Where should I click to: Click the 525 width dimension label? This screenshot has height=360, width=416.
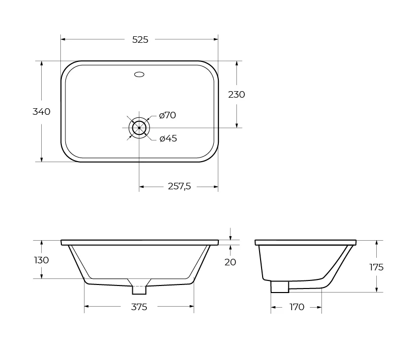click(140, 39)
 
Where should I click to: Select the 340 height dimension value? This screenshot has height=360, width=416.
click(41, 112)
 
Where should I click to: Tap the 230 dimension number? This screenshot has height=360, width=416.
click(236, 95)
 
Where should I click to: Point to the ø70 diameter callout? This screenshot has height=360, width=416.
click(168, 115)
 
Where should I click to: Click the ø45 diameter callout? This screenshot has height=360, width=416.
click(168, 138)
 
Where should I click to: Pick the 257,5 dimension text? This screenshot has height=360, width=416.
click(179, 187)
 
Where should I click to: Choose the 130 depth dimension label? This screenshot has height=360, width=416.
click(41, 260)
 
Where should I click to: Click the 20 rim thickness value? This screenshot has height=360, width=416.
click(230, 262)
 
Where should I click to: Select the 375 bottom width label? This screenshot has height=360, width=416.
click(139, 307)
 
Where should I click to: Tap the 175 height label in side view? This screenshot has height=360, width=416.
click(376, 267)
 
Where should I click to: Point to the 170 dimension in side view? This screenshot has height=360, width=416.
click(297, 307)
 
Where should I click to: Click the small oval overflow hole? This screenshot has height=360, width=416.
click(139, 75)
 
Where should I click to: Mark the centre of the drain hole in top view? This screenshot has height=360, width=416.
click(139, 128)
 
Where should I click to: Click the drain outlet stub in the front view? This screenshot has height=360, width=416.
click(139, 290)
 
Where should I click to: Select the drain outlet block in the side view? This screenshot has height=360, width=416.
click(280, 287)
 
